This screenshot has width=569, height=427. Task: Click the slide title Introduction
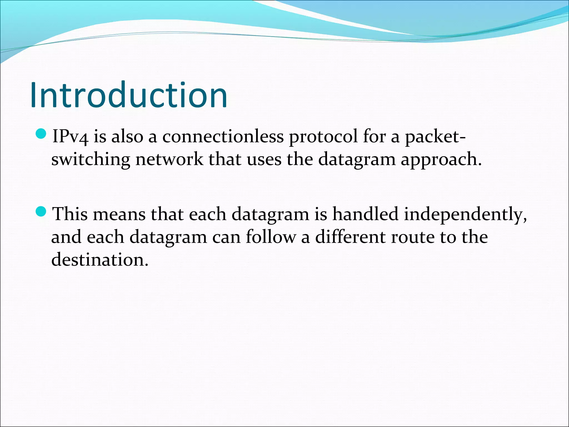click(x=129, y=95)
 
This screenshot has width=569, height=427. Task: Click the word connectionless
click(x=223, y=137)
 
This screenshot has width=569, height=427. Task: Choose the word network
click(x=169, y=159)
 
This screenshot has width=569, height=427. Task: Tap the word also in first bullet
click(x=127, y=137)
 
